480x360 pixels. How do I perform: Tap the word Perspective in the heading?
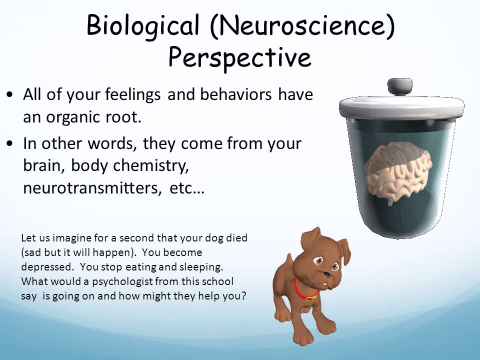[x=239, y=57]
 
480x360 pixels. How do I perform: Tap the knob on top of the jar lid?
[x=400, y=86]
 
